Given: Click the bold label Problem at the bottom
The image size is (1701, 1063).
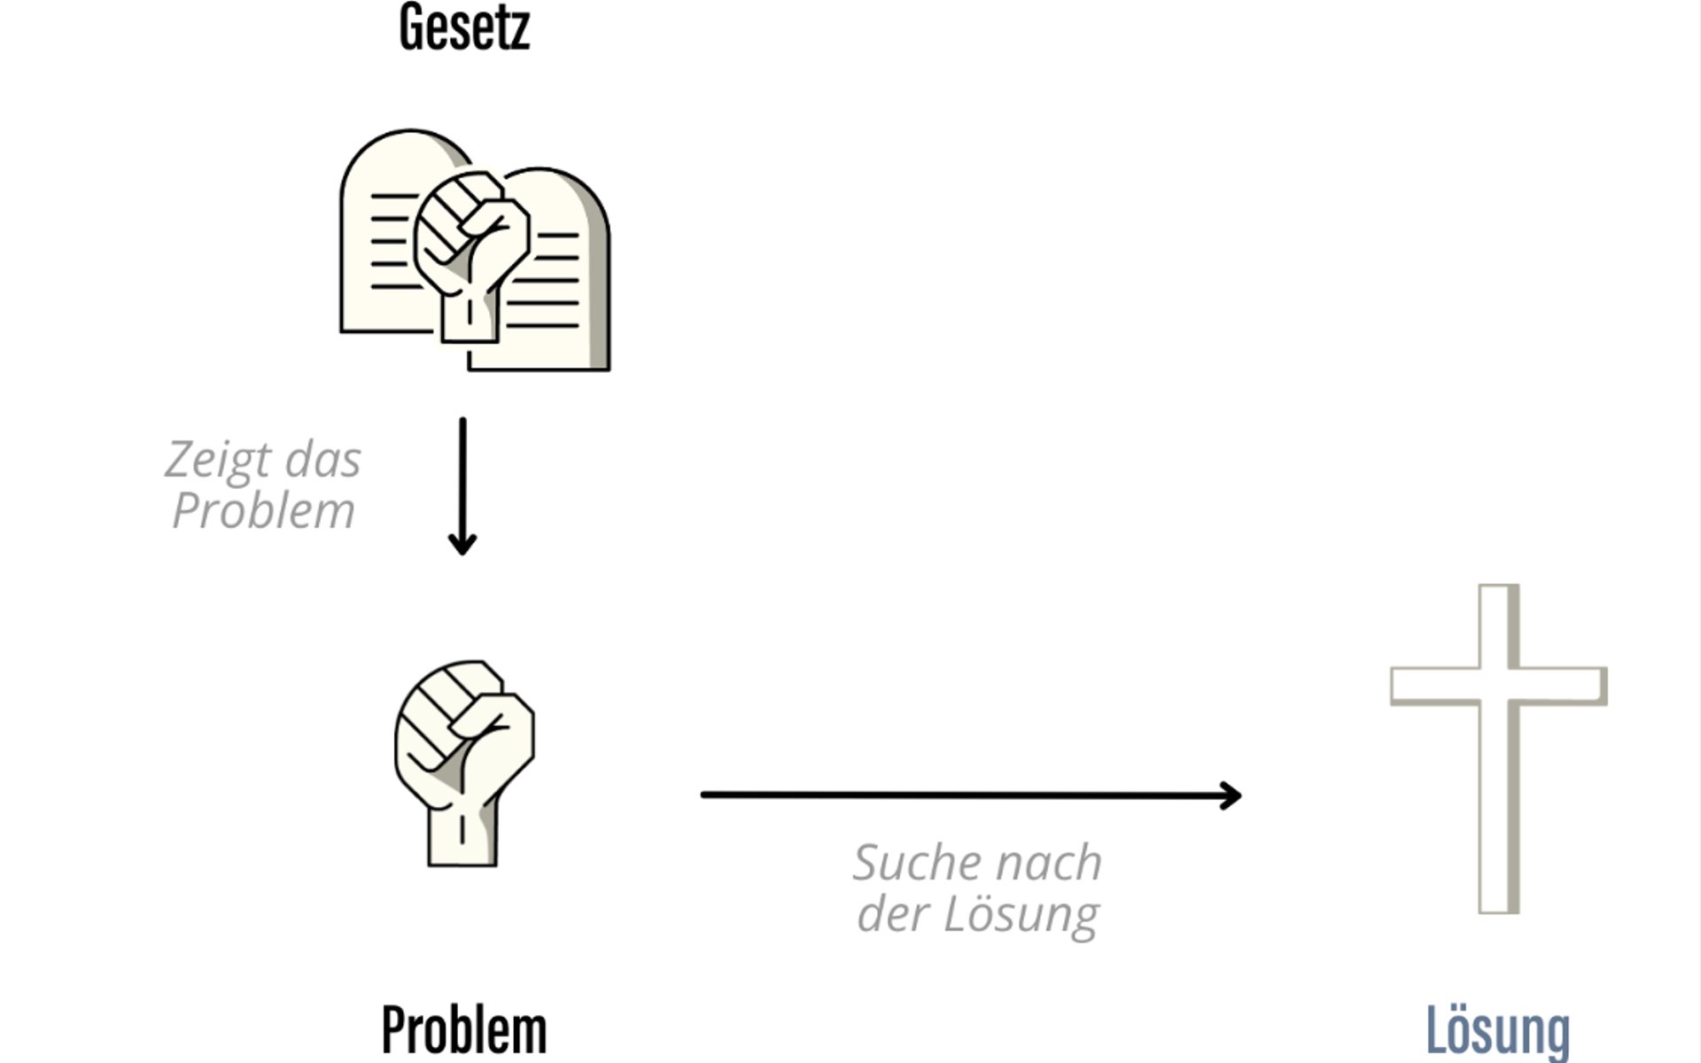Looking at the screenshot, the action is [464, 1030].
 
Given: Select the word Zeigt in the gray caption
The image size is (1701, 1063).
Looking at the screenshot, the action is [218, 461].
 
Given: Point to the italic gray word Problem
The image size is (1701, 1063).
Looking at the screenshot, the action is [263, 510].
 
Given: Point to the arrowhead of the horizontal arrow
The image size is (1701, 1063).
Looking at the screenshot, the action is [1231, 795].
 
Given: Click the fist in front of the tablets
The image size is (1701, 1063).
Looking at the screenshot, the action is [470, 252].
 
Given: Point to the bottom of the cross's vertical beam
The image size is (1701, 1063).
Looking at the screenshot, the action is [1499, 911].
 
